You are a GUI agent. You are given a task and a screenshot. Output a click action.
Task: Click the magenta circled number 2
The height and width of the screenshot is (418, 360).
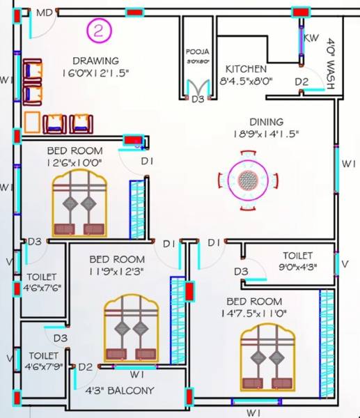point(99,30)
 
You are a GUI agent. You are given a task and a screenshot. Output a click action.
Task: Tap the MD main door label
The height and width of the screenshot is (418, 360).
point(44,13)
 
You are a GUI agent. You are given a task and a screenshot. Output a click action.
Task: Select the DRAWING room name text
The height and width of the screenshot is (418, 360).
point(95,61)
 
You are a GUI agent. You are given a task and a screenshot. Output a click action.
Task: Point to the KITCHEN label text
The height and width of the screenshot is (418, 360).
point(245,69)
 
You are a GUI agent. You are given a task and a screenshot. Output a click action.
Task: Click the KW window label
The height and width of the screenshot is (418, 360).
point(311,37)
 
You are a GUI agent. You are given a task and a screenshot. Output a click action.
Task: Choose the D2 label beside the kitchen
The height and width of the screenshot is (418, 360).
point(301,82)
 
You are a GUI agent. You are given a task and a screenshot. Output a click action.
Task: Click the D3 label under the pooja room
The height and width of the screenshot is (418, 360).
point(198,100)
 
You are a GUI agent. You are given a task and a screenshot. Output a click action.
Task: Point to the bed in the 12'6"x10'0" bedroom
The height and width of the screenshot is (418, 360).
point(79,203)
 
